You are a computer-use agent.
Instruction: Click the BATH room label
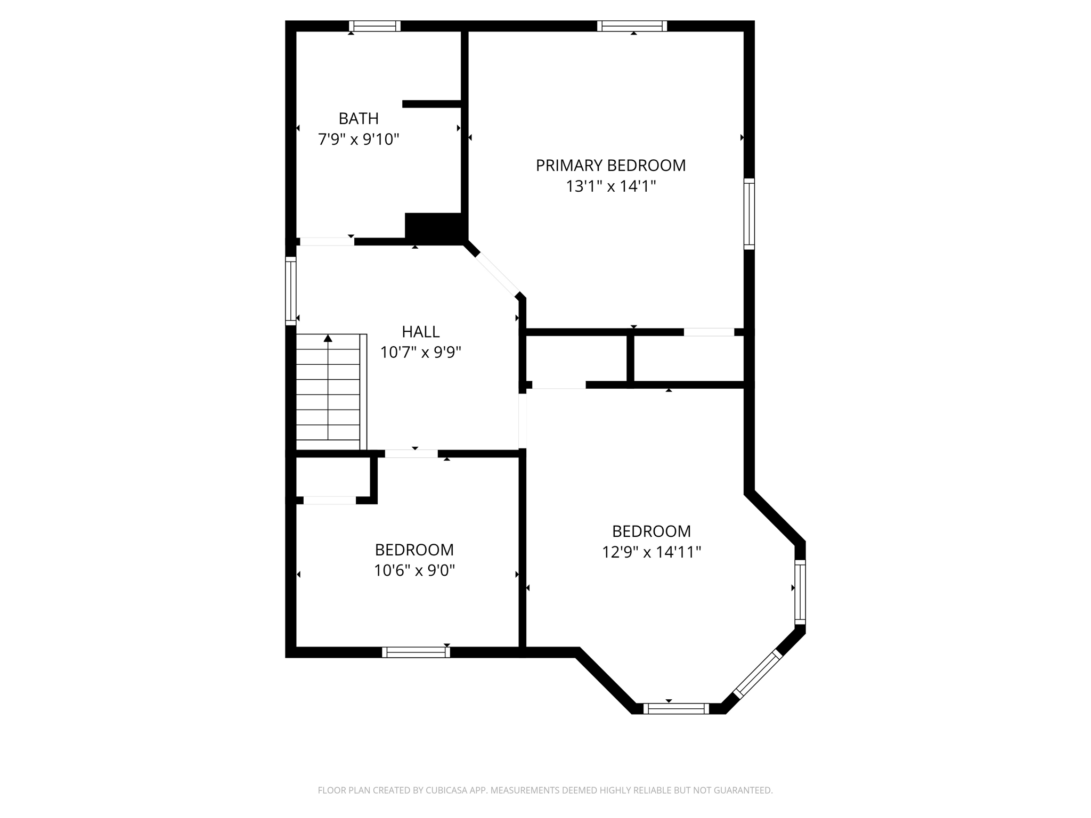pos(359,118)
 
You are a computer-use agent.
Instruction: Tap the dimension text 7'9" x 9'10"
pos(359,140)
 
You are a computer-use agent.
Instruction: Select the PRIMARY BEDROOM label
pos(610,166)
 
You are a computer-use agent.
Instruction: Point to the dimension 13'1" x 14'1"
pos(610,186)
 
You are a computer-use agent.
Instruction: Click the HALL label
pos(420,332)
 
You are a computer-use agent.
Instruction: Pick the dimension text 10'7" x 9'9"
pos(420,353)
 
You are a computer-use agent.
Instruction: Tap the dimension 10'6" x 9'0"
pos(414,571)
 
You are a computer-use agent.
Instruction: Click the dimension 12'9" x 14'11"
pos(651,552)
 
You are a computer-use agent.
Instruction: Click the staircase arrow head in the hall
pos(328,338)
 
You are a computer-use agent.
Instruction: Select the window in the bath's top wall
pos(374,26)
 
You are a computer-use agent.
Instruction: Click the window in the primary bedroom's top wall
pos(632,26)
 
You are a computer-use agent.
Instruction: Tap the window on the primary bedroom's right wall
pos(749,214)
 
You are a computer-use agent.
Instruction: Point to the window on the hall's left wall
pos(290,291)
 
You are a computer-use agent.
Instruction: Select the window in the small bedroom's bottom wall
pos(416,652)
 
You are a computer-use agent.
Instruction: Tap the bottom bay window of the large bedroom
pos(676,708)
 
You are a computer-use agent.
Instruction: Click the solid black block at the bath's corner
pos(434,227)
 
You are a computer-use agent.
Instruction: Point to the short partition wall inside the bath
pos(431,104)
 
